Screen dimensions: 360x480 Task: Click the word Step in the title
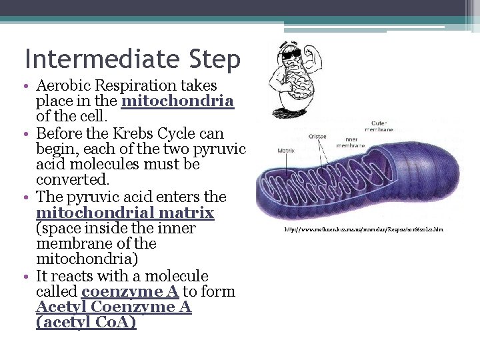point(210,60)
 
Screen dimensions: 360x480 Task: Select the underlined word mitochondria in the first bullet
point(178,101)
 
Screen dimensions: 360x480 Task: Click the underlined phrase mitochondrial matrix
point(125,213)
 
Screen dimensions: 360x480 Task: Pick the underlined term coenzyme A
point(130,292)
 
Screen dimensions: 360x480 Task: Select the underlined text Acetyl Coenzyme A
point(114,307)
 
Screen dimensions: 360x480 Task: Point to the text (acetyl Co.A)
point(87,323)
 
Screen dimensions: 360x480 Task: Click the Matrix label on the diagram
point(286,151)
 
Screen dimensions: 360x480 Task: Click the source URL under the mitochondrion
point(363,230)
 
